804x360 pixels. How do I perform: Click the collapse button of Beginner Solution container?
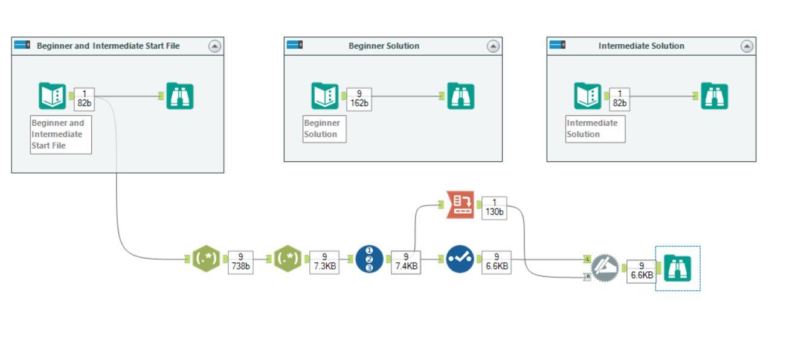493,46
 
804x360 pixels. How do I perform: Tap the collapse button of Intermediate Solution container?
747,46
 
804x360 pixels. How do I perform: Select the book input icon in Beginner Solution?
325,96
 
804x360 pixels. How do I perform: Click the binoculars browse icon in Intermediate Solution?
714,96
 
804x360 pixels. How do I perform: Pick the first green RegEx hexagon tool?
205,259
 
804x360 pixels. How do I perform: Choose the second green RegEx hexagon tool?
288,259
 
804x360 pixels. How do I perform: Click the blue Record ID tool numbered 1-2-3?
369,259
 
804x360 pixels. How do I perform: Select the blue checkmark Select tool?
460,259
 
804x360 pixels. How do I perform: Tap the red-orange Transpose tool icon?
460,205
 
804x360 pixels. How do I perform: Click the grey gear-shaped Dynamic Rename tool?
604,268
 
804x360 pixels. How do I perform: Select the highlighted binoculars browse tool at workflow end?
678,268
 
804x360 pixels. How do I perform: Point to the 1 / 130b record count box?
495,208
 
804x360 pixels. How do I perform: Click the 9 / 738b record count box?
240,263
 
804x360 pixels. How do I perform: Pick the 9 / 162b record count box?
359,99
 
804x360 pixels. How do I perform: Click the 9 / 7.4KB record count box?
406,263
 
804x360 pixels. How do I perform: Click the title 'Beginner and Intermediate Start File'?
108,46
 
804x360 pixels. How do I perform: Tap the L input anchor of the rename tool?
587,259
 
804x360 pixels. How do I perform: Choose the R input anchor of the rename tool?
587,276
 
